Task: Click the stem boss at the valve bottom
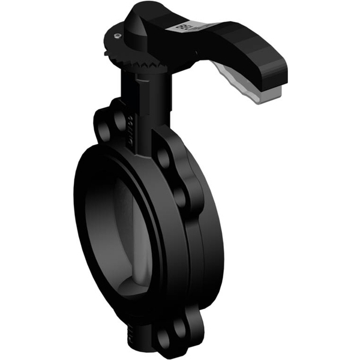click(140, 336)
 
